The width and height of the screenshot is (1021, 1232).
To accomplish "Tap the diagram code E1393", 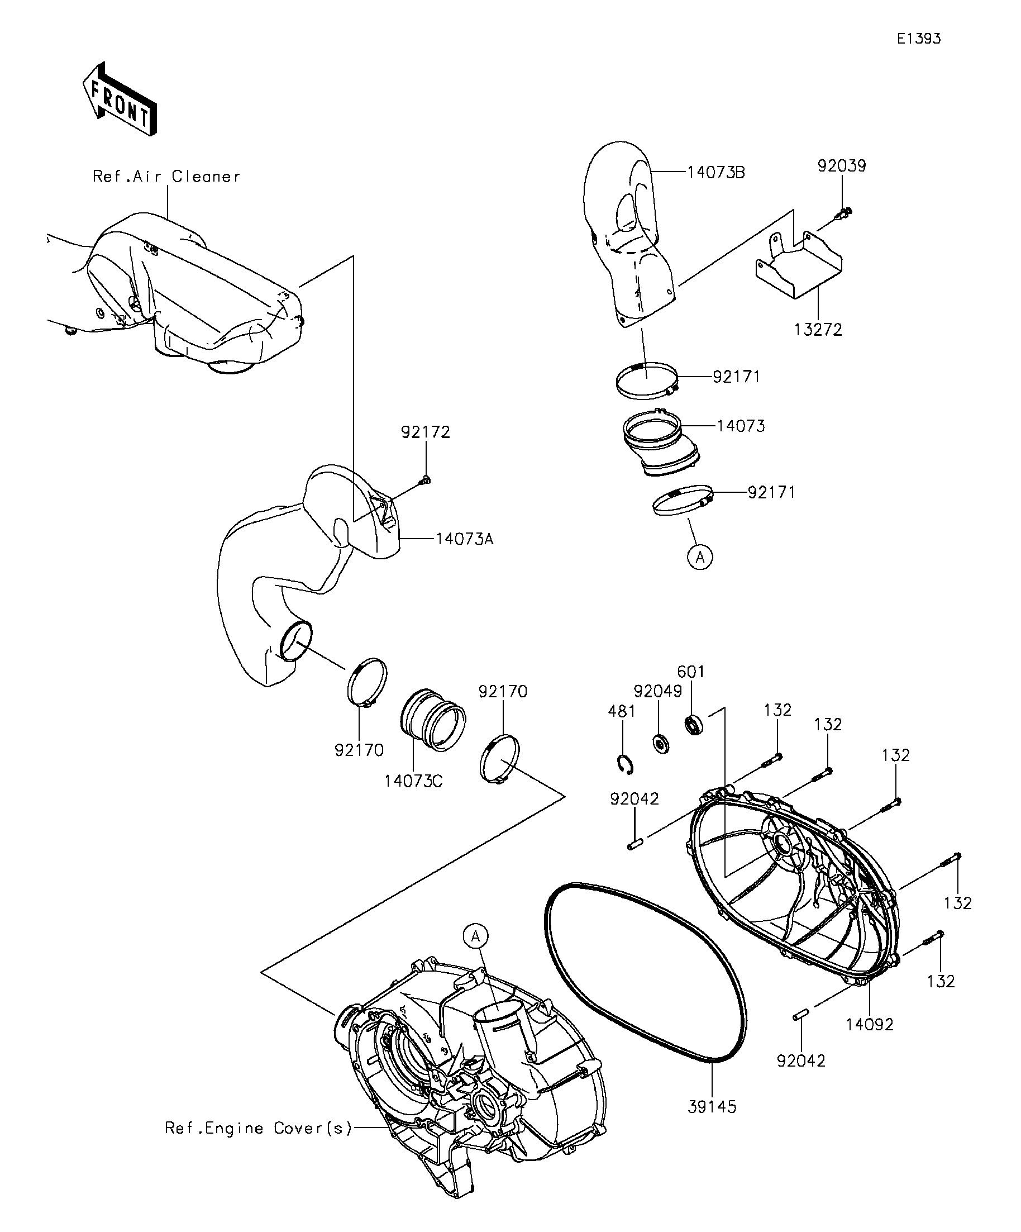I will click(918, 39).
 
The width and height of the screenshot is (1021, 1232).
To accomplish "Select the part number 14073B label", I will click(716, 173).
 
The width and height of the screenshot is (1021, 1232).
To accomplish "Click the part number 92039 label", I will click(842, 166).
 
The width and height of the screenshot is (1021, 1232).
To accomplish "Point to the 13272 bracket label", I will click(818, 330).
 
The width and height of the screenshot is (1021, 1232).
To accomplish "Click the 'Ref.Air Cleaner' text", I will click(166, 177).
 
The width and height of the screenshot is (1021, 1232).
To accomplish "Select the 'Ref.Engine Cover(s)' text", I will click(258, 1128).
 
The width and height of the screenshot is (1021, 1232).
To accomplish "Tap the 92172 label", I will click(425, 432).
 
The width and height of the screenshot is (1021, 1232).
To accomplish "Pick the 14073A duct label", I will click(465, 539).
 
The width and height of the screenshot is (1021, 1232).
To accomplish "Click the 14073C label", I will click(413, 781).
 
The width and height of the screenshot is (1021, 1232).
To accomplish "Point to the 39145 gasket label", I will click(712, 1106).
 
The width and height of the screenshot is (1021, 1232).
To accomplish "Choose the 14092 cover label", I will click(869, 1024).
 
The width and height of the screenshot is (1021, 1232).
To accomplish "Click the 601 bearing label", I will click(690, 672).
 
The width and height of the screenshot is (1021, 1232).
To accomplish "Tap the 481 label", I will click(622, 711).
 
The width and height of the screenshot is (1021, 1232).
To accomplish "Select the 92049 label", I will click(657, 692).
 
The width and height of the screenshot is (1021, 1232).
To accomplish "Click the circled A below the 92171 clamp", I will click(700, 556).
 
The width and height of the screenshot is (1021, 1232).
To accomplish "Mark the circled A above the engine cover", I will click(476, 936).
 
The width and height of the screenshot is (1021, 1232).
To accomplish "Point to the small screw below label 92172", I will click(424, 481).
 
